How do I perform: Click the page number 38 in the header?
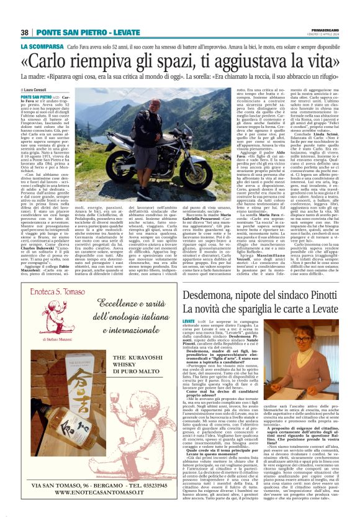[25, 32]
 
